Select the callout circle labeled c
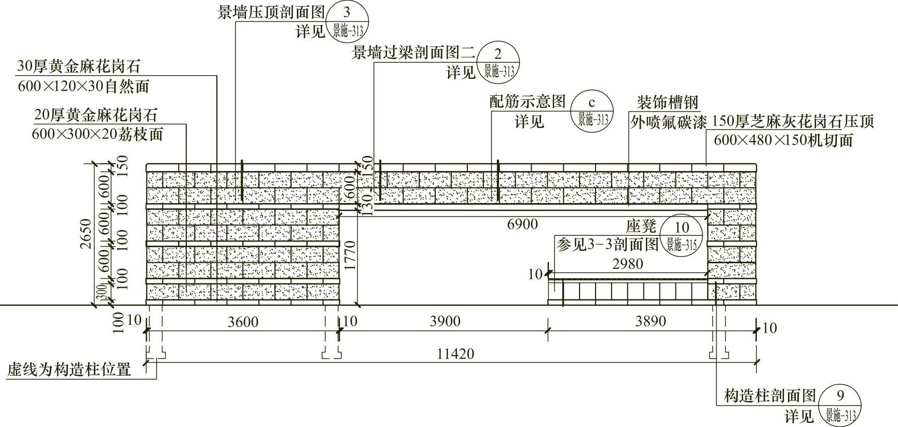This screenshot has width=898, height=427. pyautogui.click(x=592, y=111)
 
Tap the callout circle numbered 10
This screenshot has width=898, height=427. pyautogui.click(x=682, y=234)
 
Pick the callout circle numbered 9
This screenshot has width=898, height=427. pyautogui.click(x=840, y=404)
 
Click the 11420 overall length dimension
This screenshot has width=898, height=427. pyautogui.click(x=455, y=354)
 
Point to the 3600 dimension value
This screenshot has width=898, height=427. pyautogui.click(x=243, y=322)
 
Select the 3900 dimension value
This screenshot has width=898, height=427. pyautogui.click(x=445, y=322)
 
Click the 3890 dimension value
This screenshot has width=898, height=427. pyautogui.click(x=651, y=322)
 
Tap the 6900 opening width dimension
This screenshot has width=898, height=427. pyautogui.click(x=522, y=224)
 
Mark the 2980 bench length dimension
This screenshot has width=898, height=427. pyautogui.click(x=628, y=264)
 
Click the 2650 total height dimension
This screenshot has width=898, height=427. pyautogui.click(x=86, y=234)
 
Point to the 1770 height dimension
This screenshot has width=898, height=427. pyautogui.click(x=350, y=255)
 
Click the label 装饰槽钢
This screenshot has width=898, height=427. pyautogui.click(x=668, y=102)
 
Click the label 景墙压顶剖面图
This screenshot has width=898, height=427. pyautogui.click(x=271, y=12)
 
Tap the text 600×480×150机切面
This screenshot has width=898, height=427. pyautogui.click(x=783, y=140)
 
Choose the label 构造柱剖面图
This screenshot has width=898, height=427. pyautogui.click(x=770, y=396)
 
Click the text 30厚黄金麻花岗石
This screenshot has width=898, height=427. pyautogui.click(x=79, y=67)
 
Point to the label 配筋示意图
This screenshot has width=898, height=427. pyautogui.click(x=527, y=102)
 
